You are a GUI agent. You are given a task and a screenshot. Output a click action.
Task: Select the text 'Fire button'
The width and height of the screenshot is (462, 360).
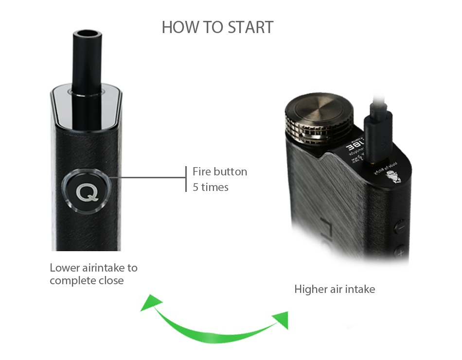219,171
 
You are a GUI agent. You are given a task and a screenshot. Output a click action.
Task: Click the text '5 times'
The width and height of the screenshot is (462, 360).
210,187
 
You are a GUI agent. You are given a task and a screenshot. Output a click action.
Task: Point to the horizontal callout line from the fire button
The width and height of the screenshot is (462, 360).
146,178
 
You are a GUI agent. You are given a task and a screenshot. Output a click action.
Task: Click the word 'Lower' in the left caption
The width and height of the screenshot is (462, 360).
65,268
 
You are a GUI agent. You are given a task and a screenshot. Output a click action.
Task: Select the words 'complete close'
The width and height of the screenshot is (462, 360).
86,281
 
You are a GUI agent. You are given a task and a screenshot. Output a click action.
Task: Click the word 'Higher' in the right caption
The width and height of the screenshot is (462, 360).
310,290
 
